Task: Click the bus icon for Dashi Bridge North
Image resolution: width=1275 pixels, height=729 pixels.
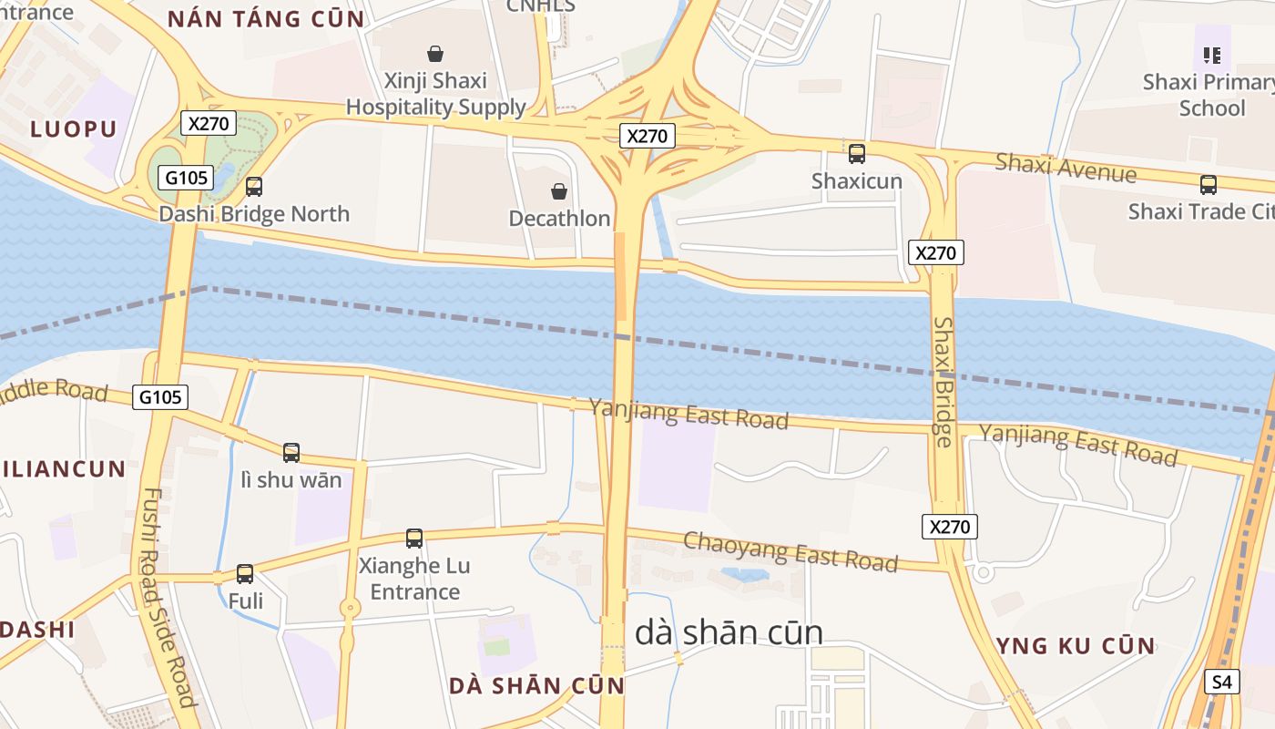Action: (254, 187)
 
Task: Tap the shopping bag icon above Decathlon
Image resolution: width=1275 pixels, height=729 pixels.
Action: (559, 191)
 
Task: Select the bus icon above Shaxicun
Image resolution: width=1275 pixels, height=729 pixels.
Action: (857, 153)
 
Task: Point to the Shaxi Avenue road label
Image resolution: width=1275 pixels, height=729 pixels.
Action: (1065, 168)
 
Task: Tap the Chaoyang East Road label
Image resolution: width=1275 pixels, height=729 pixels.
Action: (790, 551)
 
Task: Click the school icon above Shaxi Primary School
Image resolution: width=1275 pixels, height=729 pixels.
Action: (1211, 56)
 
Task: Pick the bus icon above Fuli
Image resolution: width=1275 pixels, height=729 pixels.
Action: (245, 574)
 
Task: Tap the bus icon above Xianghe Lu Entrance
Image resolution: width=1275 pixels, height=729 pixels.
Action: (414, 539)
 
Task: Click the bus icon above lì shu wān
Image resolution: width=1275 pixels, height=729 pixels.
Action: (291, 452)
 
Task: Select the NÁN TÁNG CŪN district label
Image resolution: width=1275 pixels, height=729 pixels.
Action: (266, 18)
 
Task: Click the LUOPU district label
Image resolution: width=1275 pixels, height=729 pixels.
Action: (74, 128)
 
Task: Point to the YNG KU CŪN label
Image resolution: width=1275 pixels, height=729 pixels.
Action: (1076, 646)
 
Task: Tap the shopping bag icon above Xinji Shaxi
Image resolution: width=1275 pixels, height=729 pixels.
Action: (435, 54)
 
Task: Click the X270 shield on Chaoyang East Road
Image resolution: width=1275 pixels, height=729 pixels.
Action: (950, 527)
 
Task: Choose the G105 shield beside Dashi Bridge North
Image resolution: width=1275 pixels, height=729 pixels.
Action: (186, 178)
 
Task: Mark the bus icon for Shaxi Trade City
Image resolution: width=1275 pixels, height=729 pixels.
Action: (1209, 185)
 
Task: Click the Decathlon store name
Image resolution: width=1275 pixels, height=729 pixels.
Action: (559, 219)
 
